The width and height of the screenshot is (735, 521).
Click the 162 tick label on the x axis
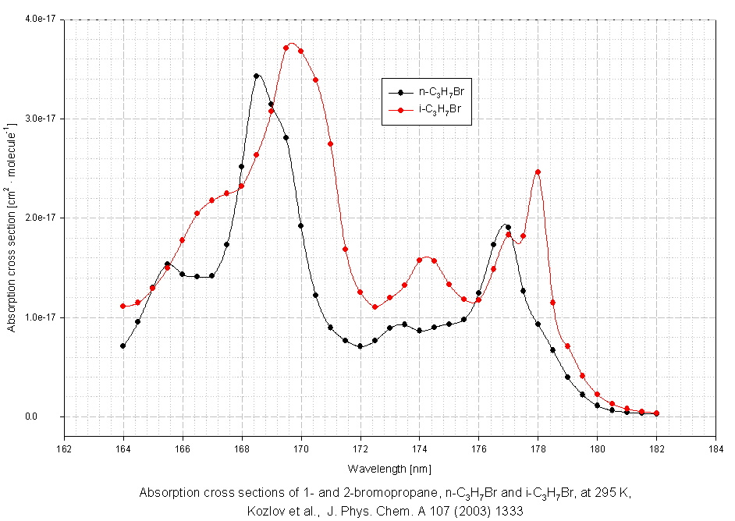64,448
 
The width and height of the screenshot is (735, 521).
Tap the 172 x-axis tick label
360,448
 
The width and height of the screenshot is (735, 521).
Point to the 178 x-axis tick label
538,448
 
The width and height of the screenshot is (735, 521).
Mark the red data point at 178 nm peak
538,172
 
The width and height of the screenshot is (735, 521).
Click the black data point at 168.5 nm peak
257,76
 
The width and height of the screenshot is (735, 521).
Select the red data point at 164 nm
123,307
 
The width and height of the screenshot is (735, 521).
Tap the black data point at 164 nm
123,346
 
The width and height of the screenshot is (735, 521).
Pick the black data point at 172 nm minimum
360,346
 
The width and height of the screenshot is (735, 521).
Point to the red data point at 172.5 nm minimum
375,307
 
